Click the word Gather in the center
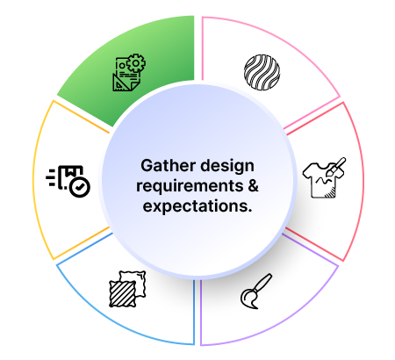[168, 166]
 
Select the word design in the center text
[227, 167]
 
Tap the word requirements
[190, 187]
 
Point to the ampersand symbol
[253, 185]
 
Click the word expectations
[197, 206]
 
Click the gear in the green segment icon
[136, 63]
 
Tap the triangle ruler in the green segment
[120, 83]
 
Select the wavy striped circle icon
[262, 72]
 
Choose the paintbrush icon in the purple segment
[256, 292]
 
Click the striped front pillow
[123, 293]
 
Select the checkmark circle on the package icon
[80, 186]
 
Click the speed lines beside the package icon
[51, 177]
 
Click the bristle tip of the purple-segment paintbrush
[248, 299]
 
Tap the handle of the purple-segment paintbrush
[263, 281]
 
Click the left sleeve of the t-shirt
[307, 171]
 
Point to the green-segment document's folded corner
[134, 86]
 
